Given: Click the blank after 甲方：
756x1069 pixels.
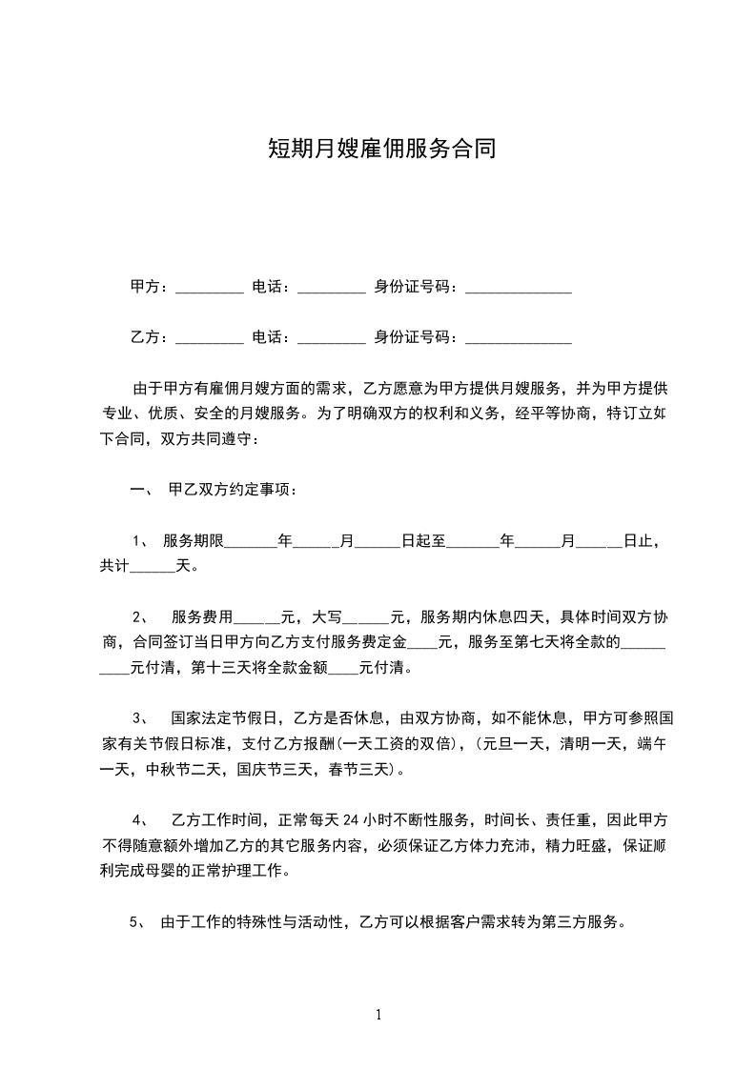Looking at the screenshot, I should pos(210,287).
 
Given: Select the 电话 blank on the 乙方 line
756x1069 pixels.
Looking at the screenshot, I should pos(331,337).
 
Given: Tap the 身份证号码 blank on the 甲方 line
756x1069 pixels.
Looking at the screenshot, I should pos(518,287).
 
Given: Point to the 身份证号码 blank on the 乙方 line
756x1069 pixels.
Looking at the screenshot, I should pos(518,337).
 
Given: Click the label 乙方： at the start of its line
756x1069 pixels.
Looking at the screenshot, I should pos(150,337).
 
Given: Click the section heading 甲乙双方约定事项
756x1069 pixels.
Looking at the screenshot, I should pos(232,490).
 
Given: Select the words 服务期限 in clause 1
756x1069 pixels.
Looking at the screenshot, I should pos(194,541).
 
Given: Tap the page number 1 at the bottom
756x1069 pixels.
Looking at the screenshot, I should pos(378,1015).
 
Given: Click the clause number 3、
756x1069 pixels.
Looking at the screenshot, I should pos(139,717).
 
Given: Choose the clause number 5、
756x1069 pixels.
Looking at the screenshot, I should pos(135,921).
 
